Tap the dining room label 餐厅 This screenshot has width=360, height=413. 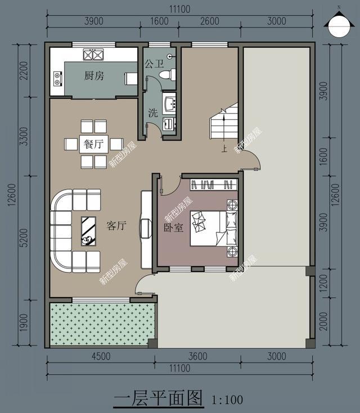(93, 144)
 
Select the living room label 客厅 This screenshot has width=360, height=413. (116, 226)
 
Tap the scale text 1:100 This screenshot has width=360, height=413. (227, 400)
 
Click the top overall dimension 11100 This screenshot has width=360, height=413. (179, 8)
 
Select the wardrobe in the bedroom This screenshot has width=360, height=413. (211, 183)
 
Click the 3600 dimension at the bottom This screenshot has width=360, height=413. (197, 356)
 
